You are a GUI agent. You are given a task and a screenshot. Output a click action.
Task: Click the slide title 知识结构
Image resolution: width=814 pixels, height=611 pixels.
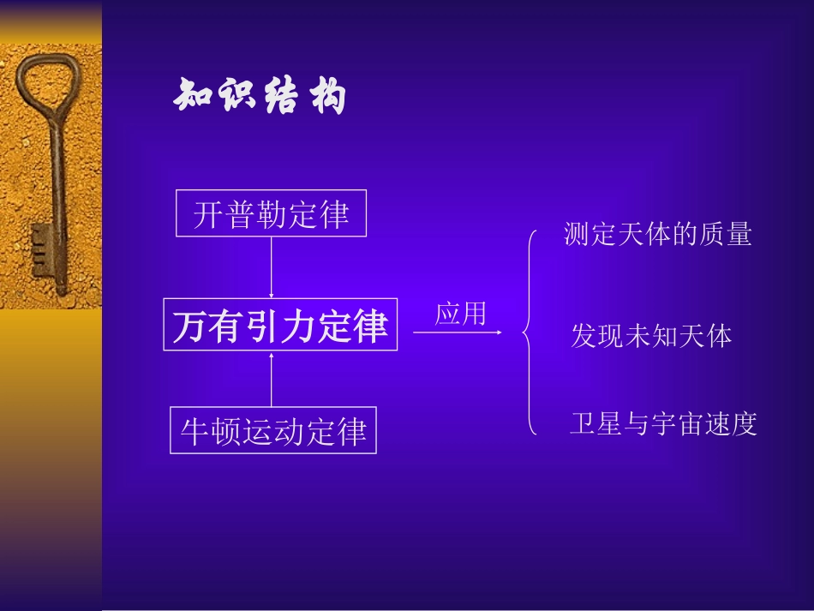(260, 97)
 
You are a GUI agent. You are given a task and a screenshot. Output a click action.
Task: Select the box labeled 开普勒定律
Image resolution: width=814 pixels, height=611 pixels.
(271, 213)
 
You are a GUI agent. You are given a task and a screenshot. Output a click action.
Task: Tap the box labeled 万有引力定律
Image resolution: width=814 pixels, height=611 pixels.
(280, 325)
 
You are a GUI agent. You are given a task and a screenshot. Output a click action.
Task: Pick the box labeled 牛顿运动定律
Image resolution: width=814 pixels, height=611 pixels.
(273, 431)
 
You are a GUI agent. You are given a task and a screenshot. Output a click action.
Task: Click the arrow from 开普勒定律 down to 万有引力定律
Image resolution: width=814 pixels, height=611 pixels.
(271, 267)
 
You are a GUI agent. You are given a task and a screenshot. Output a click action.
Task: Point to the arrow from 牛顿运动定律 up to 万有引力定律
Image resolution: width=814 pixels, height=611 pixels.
(272, 378)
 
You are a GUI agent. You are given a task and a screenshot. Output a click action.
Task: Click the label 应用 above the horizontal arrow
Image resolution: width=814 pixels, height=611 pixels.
(460, 314)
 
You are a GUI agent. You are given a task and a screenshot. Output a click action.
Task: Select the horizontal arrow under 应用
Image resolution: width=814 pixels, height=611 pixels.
(458, 332)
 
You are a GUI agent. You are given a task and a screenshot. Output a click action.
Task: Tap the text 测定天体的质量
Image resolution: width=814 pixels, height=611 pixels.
(657, 235)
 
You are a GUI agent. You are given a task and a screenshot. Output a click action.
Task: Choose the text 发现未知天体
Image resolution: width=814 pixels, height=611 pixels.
(651, 336)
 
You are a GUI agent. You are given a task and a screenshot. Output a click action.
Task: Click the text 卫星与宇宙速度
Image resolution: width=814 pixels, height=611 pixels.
(664, 424)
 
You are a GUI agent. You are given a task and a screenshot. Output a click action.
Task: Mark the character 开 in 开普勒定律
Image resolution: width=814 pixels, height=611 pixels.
(208, 214)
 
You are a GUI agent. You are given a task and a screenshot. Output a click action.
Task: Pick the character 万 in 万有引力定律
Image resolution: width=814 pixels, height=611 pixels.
(190, 326)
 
